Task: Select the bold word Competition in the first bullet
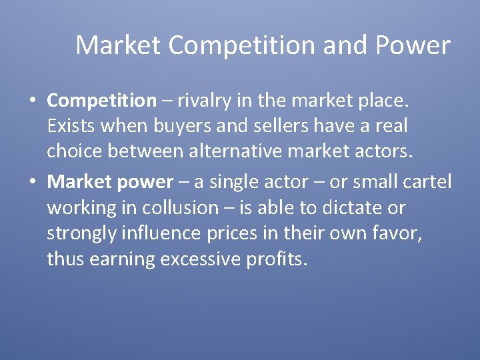101,101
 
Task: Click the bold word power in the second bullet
146,182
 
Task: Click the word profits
279,259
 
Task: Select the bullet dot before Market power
33,182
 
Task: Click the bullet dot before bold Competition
33,101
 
